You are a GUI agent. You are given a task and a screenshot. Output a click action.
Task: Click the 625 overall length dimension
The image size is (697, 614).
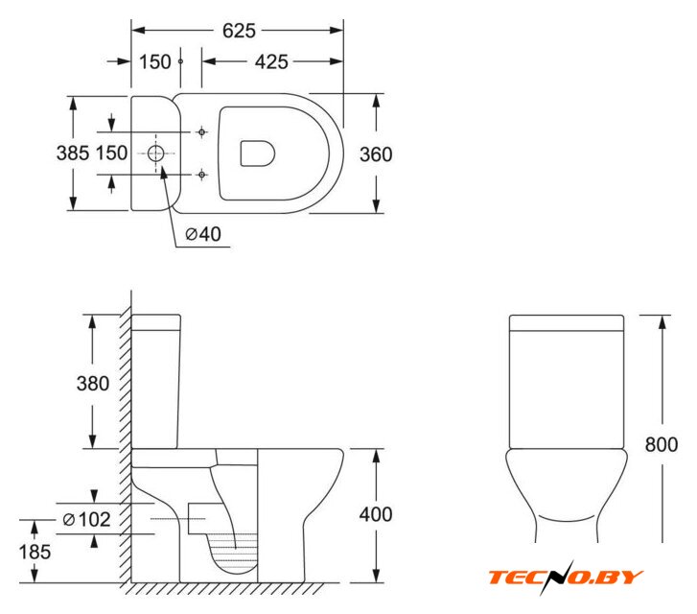tap(239, 31)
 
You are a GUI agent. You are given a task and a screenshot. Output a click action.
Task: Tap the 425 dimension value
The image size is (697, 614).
tap(271, 61)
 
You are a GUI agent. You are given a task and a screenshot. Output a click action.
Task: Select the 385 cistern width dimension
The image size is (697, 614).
tap(73, 153)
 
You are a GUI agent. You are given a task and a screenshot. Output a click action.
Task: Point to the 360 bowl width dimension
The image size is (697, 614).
tap(376, 154)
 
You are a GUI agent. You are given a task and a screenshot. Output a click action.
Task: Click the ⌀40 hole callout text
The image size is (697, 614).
tap(203, 234)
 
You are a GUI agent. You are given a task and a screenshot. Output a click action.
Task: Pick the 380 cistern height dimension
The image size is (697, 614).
tap(92, 384)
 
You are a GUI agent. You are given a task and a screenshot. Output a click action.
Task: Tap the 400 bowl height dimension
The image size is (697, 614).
tap(376, 514)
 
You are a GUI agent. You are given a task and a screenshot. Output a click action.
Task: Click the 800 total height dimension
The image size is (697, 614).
tap(662, 444)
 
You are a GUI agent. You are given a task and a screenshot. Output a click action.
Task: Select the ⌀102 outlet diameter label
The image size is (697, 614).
tap(86, 519)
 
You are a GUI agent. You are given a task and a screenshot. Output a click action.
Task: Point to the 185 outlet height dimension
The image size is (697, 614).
tap(35, 553)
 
